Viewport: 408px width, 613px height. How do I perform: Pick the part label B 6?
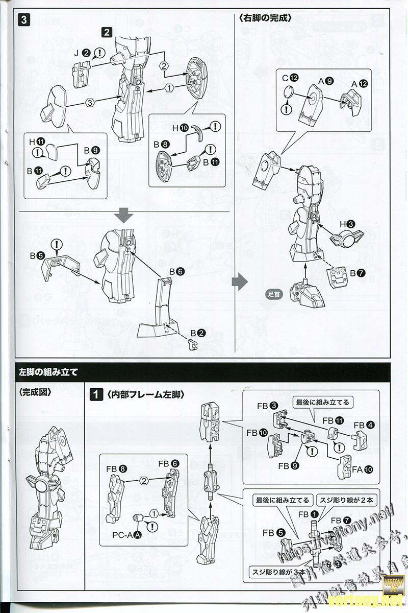176,271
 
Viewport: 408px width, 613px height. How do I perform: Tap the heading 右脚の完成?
264,18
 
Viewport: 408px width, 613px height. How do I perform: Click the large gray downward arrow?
124,216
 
